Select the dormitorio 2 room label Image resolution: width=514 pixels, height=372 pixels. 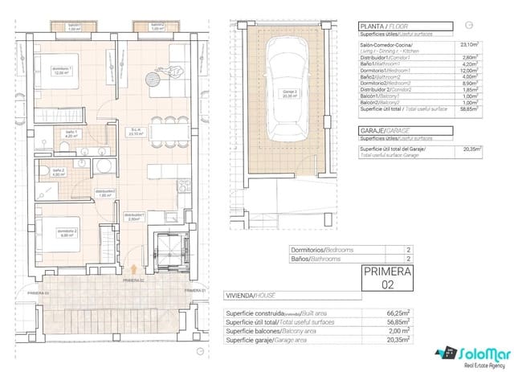pos(65,233)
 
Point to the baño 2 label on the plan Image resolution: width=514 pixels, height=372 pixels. pos(58,172)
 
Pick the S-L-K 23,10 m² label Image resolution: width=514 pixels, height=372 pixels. pos(137,132)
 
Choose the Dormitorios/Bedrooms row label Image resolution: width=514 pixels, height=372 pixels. pos(321,251)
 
